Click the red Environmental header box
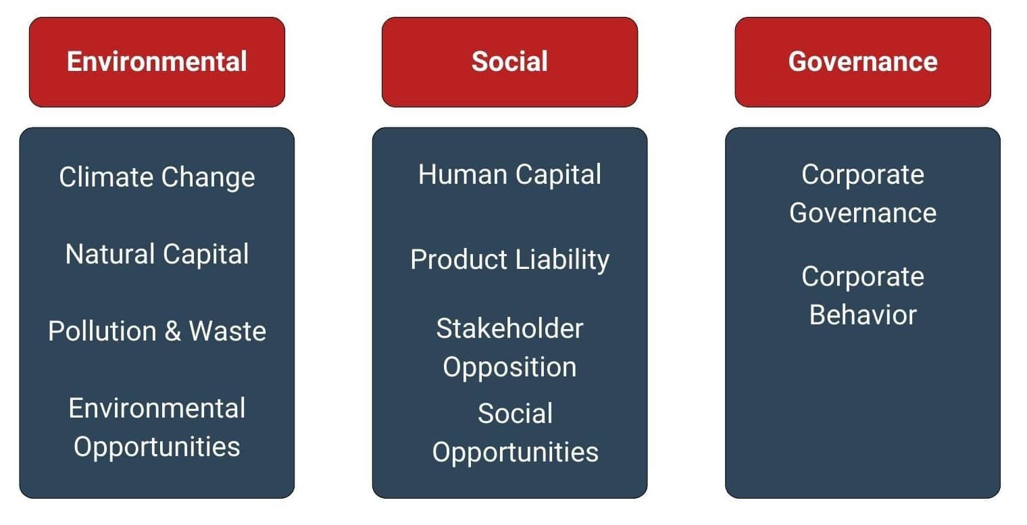157,62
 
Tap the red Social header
509,62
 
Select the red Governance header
862,62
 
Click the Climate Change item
157,178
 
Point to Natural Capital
157,254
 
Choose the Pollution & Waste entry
157,331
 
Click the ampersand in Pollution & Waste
172,331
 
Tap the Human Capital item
509,175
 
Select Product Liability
510,260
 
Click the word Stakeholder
509,328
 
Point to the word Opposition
509,368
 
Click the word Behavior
863,315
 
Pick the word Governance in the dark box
863,214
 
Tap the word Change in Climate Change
208,178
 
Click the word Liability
563,260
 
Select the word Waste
228,331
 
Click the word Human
462,175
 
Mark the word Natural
110,254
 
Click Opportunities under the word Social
516,453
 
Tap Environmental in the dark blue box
157,408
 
